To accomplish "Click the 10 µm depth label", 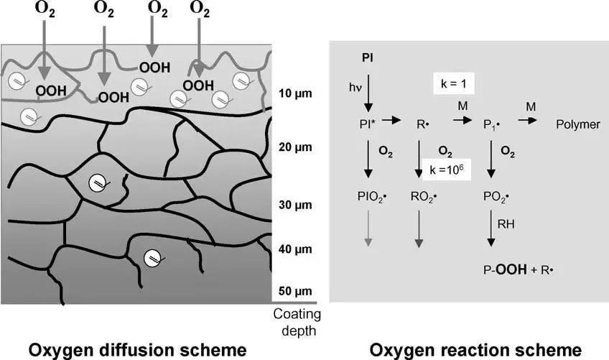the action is tap(295, 93).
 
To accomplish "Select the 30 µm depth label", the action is tap(295, 206).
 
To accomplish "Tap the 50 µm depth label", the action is tap(295, 291).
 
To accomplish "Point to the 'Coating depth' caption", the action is tap(297, 323).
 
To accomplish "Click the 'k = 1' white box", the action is tap(454, 83).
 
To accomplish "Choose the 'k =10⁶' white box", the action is tap(446, 169).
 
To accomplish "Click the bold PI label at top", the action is tap(368, 58).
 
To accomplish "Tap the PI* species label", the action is tap(368, 124).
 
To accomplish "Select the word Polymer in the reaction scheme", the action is tap(578, 125).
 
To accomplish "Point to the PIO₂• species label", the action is tap(372, 197).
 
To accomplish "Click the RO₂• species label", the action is tap(423, 197).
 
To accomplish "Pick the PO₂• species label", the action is tap(496, 197).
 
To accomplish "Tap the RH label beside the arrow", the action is tap(506, 224).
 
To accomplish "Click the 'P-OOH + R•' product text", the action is tap(518, 269).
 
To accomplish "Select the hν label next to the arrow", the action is tap(355, 88).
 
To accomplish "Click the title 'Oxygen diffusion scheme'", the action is tap(137, 350).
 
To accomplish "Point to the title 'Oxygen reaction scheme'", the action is tap(475, 350).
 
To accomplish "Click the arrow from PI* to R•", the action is tap(391, 120).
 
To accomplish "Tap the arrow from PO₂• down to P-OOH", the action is tap(491, 229).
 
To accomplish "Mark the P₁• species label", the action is tap(491, 125).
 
